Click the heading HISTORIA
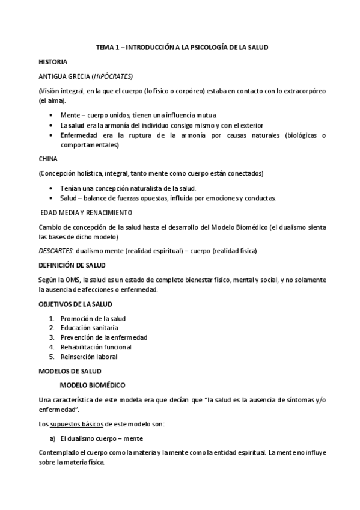[52, 62]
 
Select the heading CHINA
[47, 159]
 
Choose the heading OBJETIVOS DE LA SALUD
[75, 304]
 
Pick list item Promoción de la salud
[93, 318]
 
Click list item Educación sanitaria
[89, 328]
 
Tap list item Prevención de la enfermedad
[103, 337]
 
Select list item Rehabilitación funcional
[96, 347]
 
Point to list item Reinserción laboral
[88, 357]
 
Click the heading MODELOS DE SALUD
[70, 370]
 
